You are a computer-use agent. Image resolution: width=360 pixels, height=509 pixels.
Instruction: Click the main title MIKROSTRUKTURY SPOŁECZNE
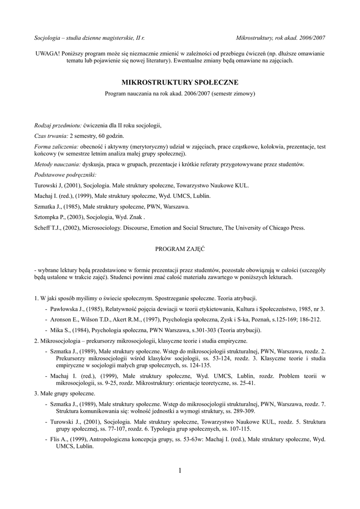coord(180,82)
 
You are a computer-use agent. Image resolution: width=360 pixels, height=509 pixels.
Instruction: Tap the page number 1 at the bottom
coord(180,470)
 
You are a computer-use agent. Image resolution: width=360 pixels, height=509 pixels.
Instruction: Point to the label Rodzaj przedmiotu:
coord(58,124)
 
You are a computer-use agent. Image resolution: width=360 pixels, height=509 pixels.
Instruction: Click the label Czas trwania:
coord(51,136)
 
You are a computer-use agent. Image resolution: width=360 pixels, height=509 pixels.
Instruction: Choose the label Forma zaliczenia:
coord(56,147)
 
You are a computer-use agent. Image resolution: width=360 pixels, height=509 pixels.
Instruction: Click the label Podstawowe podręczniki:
coord(65,175)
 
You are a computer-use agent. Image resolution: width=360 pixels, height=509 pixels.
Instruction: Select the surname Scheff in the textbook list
coord(43,228)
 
